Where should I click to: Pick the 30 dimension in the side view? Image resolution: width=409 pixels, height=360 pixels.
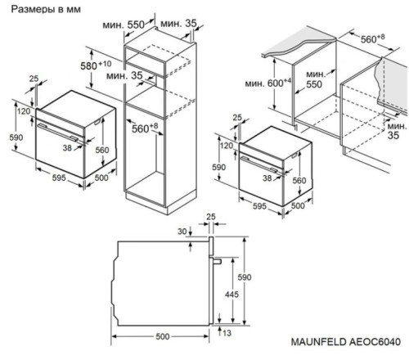[x=181, y=232]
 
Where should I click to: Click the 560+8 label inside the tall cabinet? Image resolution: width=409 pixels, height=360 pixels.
[x=146, y=128]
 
